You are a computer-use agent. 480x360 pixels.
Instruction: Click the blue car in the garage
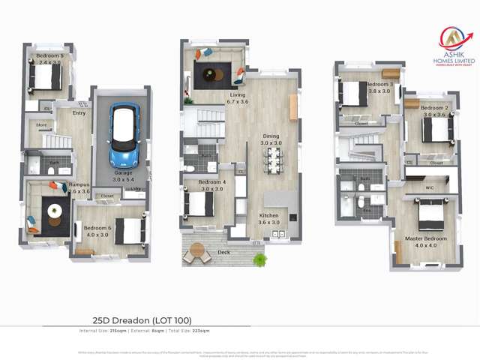click(124, 136)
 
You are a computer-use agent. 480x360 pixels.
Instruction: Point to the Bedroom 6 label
click(97, 228)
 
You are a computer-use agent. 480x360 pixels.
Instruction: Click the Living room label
click(238, 95)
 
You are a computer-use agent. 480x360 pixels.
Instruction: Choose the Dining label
click(271, 136)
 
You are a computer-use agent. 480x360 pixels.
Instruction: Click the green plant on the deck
click(259, 259)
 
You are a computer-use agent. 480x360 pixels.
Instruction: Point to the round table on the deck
click(197, 250)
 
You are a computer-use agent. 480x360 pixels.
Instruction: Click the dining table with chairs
click(273, 159)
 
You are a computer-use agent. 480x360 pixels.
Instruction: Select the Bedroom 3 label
click(379, 85)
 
